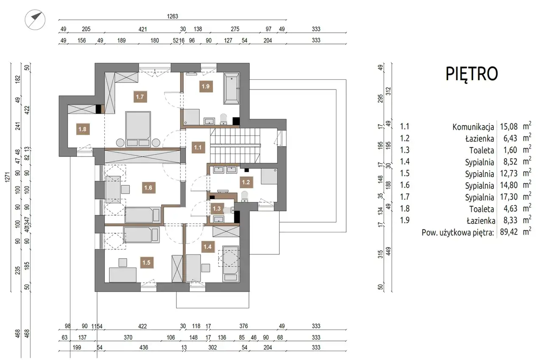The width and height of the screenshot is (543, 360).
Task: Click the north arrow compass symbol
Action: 35,20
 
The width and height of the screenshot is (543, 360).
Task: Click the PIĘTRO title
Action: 472,74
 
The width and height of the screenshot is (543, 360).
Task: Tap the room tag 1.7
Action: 140,97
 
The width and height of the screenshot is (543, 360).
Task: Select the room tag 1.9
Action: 206,86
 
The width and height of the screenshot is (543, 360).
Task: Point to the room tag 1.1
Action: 198,147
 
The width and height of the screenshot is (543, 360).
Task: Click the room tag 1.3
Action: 216,209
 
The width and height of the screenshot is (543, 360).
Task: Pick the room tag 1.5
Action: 146,262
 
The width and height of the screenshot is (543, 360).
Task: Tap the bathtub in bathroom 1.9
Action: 232,89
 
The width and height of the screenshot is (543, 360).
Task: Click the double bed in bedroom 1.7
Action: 138,129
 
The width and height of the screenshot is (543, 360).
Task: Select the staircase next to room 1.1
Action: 235,145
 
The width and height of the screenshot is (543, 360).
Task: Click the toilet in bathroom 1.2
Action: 245,196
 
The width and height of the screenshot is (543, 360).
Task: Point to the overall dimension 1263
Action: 172,16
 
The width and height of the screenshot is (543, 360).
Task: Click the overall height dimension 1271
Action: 8,177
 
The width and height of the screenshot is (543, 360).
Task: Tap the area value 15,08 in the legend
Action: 509,126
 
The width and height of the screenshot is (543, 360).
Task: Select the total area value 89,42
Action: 509,232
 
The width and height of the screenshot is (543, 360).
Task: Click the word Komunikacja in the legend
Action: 473,127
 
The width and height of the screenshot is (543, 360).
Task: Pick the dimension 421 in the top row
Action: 143,29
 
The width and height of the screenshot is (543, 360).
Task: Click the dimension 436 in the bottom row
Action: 143,347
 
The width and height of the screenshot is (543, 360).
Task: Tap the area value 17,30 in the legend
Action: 509,197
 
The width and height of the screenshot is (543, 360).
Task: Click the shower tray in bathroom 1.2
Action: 269,176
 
